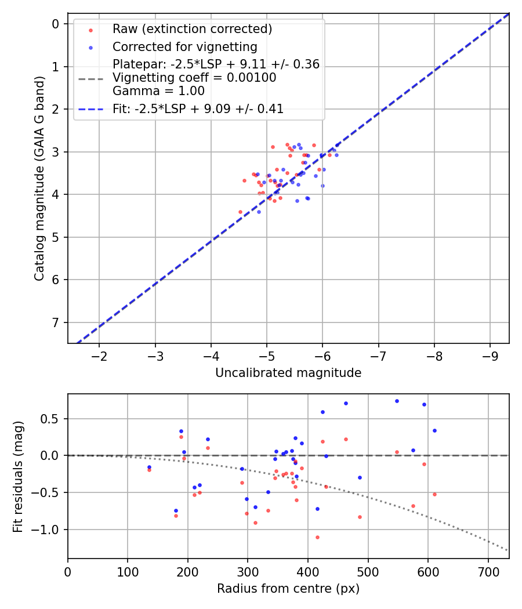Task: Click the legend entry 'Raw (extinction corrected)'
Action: coord(192,29)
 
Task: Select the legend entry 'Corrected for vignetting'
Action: coord(184,46)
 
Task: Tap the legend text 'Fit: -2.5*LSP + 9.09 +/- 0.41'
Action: coord(198,108)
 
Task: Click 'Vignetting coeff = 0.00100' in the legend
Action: coord(194,78)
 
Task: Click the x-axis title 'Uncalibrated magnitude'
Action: coord(288,373)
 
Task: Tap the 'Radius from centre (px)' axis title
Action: coord(288,589)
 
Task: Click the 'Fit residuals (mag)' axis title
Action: coord(19,476)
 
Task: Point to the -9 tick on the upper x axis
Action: coord(490,353)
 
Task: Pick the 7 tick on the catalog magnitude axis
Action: coord(56,322)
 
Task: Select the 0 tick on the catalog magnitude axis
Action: coord(56,24)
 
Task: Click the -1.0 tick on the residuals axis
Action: coord(49,530)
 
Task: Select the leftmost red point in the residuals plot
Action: coord(149,470)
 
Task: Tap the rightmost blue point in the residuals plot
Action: coord(434,430)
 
